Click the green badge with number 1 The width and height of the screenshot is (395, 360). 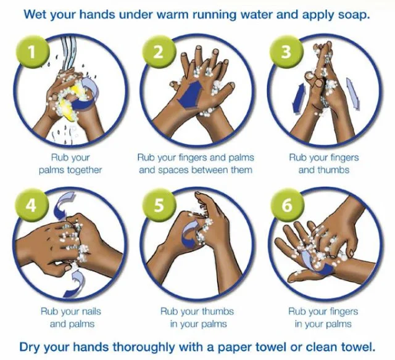[x=32, y=52]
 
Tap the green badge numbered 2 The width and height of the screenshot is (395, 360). [x=159, y=52]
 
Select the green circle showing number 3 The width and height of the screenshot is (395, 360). [x=286, y=52]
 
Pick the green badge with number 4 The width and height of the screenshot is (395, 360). [x=31, y=205]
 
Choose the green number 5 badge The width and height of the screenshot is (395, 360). [x=159, y=205]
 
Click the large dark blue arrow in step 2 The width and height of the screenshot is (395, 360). [x=191, y=94]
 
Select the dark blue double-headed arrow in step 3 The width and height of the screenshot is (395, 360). [x=299, y=99]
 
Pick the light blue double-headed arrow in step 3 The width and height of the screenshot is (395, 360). [x=353, y=94]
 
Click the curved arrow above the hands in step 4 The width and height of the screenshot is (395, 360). [x=63, y=205]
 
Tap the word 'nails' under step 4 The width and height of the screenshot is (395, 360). [x=89, y=311]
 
